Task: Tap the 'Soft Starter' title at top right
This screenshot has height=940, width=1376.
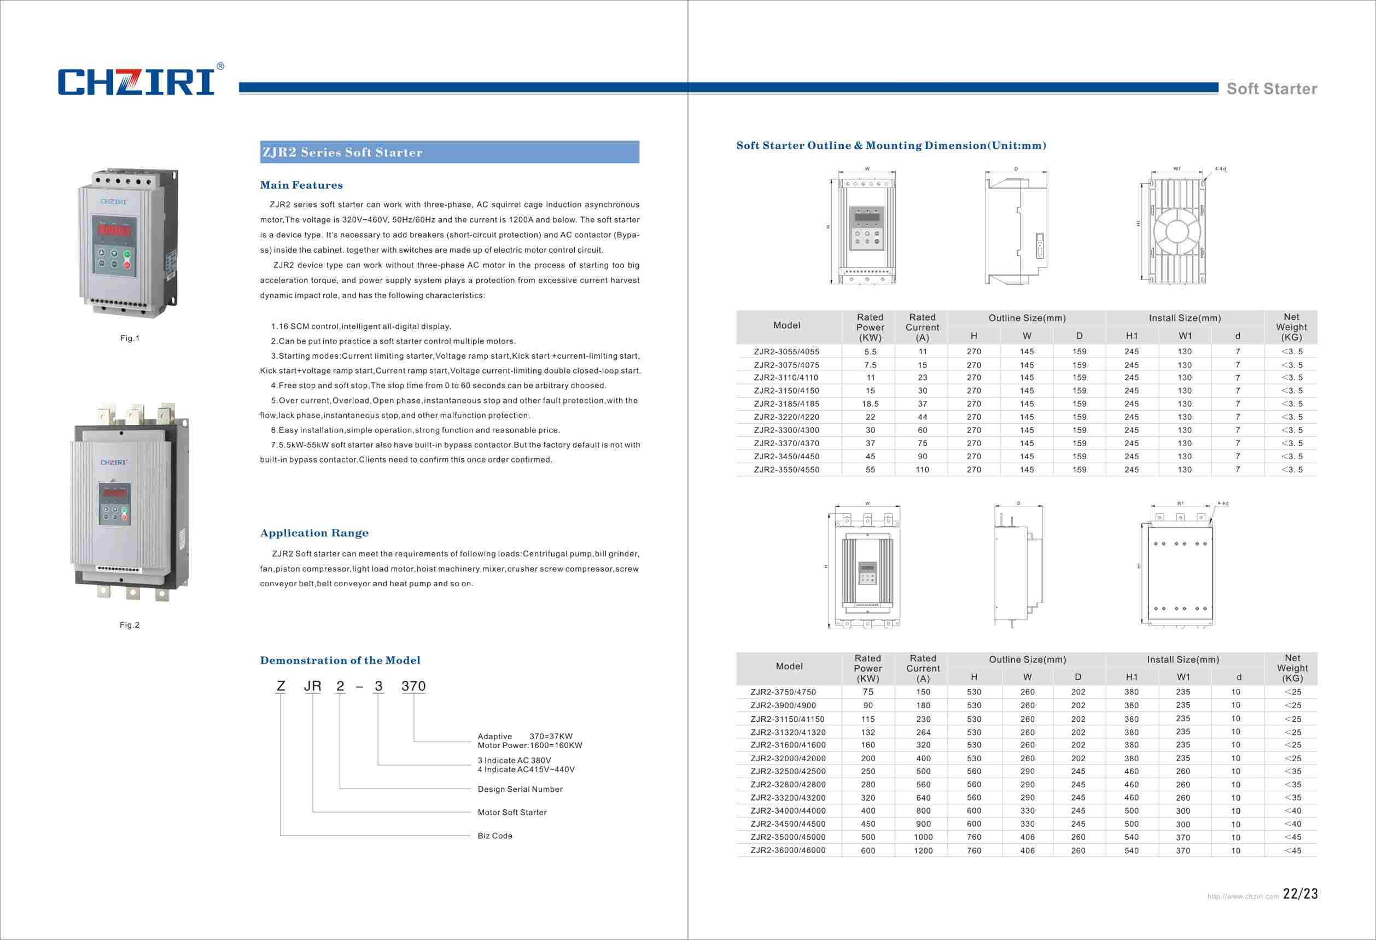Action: coord(1271,89)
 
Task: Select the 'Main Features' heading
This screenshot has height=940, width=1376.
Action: coord(301,185)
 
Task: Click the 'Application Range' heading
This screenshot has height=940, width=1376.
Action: coord(314,533)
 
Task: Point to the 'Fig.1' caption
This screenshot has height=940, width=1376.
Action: coord(129,338)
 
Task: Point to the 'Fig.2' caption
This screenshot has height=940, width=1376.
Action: coord(129,625)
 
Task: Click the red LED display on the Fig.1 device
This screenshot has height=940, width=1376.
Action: coord(114,230)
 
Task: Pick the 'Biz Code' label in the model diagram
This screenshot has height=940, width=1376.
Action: coord(495,836)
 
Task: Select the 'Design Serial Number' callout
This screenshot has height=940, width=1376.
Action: coord(520,789)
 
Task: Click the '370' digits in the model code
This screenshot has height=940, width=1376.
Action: coord(413,686)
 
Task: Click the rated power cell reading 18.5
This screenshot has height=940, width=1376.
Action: coord(870,404)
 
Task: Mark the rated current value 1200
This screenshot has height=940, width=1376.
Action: coord(923,851)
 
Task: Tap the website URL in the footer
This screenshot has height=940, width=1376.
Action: coord(1243,897)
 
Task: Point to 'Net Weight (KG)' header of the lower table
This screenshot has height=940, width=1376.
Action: coord(1292,668)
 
